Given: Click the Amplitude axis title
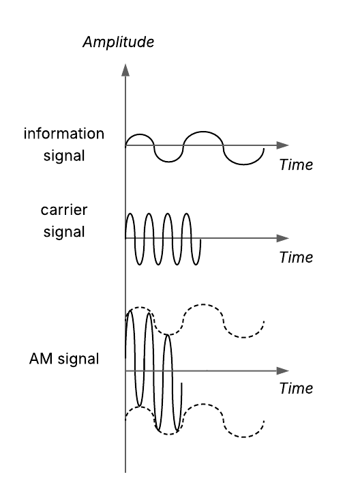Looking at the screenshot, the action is pyautogui.click(x=118, y=42).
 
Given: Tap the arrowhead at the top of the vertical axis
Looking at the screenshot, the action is pyautogui.click(x=125, y=70).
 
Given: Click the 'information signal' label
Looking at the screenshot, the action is pyautogui.click(x=64, y=145).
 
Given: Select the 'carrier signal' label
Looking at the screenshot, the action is pyautogui.click(x=64, y=221).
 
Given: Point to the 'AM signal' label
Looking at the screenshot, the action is pyautogui.click(x=64, y=359).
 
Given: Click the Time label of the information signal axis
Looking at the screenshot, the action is pyautogui.click(x=296, y=165).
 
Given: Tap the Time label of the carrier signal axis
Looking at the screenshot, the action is pyautogui.click(x=296, y=257).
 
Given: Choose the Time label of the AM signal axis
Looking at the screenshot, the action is pyautogui.click(x=296, y=388).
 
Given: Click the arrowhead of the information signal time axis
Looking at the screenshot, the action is pyautogui.click(x=282, y=145).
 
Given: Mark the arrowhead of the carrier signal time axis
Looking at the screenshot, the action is pyautogui.click(x=282, y=238).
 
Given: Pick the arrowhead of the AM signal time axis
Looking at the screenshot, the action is pyautogui.click(x=282, y=370).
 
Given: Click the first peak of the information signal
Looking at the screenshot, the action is pyautogui.click(x=139, y=134).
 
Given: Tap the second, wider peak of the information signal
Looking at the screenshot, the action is pyautogui.click(x=203, y=132).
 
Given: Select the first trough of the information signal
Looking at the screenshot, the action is pyautogui.click(x=168, y=162).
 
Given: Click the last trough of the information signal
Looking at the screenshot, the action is pyautogui.click(x=243, y=164).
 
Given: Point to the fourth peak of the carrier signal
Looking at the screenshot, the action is pyautogui.click(x=187, y=214).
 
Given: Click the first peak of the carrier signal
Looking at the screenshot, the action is pyautogui.click(x=130, y=214).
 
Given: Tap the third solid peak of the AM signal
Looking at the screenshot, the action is pyautogui.click(x=168, y=335).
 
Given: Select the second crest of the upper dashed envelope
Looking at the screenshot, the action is pyautogui.click(x=203, y=305).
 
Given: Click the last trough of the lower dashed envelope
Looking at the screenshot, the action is pyautogui.click(x=243, y=437).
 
